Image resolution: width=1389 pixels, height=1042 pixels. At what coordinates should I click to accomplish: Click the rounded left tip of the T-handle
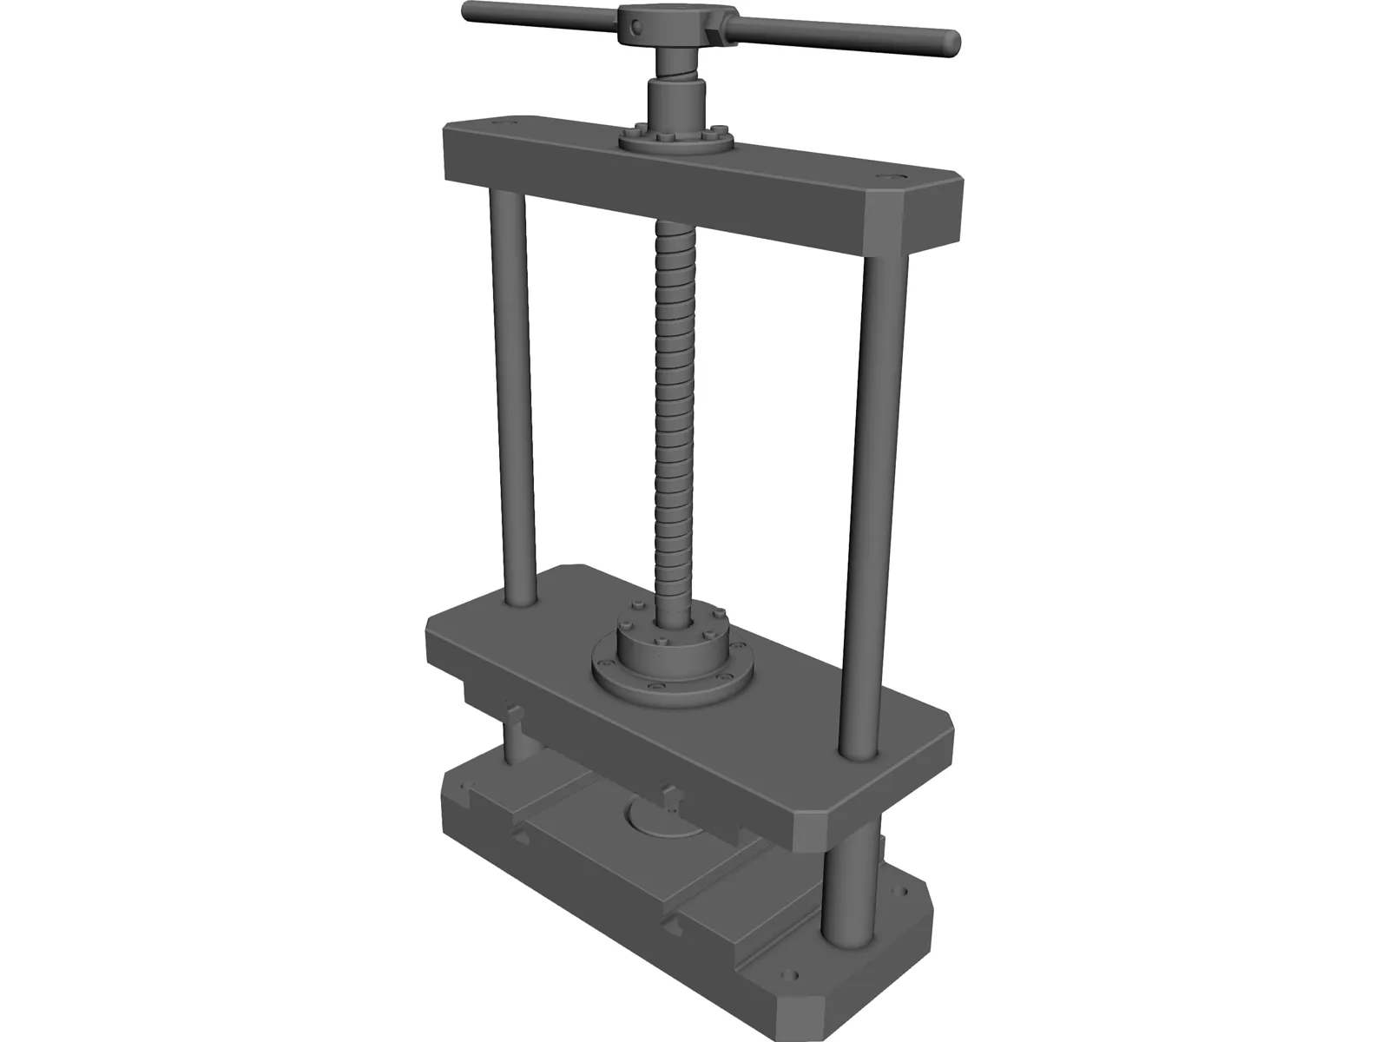[469, 12]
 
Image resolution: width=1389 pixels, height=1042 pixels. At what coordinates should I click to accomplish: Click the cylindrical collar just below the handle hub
[677, 96]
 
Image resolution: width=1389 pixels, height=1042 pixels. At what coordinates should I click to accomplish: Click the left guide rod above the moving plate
[514, 391]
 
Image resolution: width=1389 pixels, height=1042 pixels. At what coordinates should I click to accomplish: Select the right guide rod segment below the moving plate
[843, 886]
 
